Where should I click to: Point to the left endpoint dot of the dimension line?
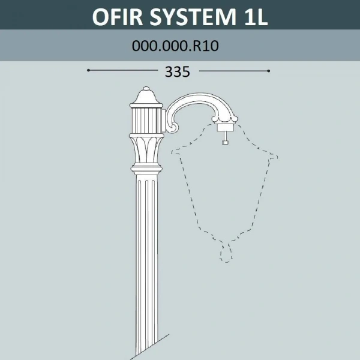pyautogui.click(x=89, y=70)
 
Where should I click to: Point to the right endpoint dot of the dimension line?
pyautogui.click(x=269, y=70)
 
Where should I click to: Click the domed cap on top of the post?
pyautogui.click(x=146, y=96)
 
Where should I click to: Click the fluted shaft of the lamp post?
pyautogui.click(x=146, y=252)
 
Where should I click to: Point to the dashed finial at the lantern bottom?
pyautogui.click(x=226, y=252)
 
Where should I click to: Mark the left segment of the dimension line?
pyautogui.click(x=120, y=70)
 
